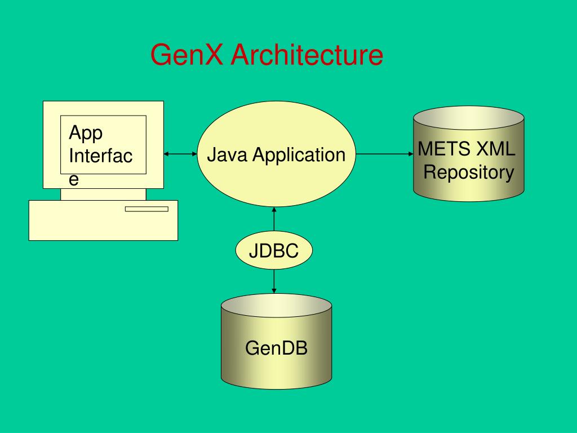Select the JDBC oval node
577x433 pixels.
tap(274, 251)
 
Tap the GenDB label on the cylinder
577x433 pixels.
tap(276, 348)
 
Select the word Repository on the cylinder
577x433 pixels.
tap(469, 172)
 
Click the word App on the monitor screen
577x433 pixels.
tap(86, 133)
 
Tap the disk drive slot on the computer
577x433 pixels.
tap(147, 209)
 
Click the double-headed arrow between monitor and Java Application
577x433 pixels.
tap(180, 153)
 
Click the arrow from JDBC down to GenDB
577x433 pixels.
tap(274, 281)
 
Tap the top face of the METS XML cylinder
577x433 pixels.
tap(469, 119)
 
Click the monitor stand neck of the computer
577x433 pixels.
tap(103, 195)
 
